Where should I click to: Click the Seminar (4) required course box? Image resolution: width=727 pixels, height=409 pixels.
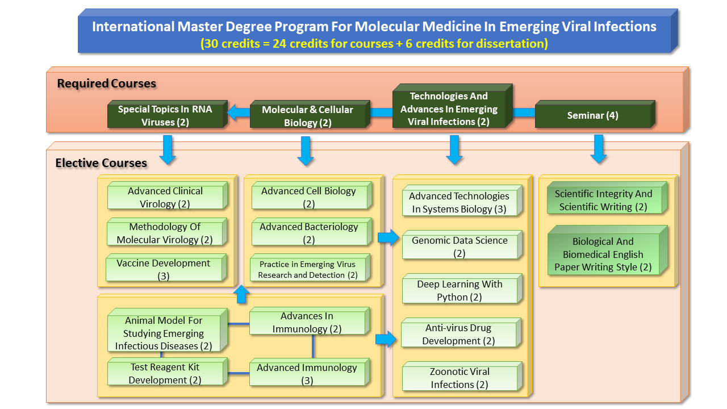[x=593, y=116]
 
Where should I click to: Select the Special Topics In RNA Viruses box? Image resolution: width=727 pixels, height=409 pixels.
[x=165, y=116]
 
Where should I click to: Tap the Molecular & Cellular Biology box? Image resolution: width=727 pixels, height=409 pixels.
[x=307, y=116]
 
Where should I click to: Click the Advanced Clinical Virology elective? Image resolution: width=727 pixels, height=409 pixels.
[x=165, y=198]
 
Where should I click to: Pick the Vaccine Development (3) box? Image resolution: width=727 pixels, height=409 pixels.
[x=164, y=269]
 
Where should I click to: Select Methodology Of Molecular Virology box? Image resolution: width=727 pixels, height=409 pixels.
[x=165, y=233]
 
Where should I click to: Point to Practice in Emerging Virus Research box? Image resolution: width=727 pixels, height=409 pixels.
[x=307, y=269]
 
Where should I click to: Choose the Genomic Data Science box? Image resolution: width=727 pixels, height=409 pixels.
[x=459, y=247]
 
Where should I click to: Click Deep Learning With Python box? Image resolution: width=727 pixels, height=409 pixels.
[x=459, y=290]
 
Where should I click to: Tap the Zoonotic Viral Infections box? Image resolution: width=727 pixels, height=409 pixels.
[x=459, y=378]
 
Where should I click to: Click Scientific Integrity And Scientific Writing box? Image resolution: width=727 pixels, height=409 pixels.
[x=603, y=200]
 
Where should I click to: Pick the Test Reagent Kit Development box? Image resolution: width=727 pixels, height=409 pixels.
[x=165, y=374]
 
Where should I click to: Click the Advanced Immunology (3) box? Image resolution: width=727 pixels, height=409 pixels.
[x=307, y=374]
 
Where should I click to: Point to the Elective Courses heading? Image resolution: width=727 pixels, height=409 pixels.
[x=101, y=164]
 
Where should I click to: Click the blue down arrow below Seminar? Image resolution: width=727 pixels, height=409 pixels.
[x=599, y=149]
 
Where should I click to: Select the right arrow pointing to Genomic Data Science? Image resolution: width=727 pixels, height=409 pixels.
[x=388, y=237]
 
